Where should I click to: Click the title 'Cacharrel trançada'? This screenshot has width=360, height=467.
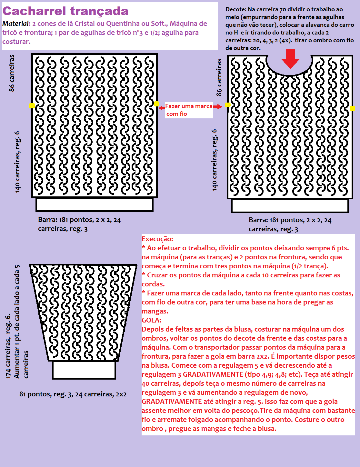(65, 11)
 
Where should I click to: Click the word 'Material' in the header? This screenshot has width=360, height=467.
(15, 24)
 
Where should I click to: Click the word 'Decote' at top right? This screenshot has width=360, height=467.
(235, 9)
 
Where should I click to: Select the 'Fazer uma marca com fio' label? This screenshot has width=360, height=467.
(189, 110)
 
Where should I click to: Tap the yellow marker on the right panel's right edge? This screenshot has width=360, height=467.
(352, 108)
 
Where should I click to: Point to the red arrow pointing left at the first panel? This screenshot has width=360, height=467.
(162, 108)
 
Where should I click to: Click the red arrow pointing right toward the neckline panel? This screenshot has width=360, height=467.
(218, 106)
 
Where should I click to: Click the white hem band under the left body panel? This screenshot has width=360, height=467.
(94, 204)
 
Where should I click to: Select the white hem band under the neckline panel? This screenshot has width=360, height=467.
(290, 206)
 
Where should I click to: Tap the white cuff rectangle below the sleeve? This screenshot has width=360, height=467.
(84, 370)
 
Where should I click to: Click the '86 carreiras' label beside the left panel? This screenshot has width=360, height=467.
(12, 73)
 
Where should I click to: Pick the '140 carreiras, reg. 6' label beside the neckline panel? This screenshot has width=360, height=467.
(215, 160)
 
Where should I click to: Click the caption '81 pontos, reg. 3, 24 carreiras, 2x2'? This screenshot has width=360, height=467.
(73, 394)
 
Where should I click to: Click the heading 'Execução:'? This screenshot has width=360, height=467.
(157, 239)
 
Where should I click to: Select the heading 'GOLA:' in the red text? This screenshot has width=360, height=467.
(151, 320)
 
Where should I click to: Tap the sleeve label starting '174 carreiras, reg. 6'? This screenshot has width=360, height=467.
(9, 345)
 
